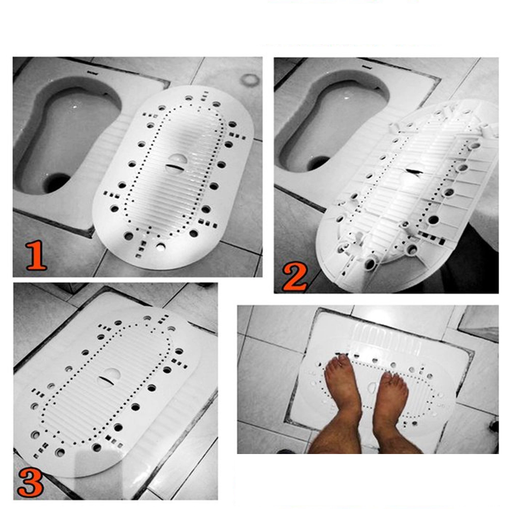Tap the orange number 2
tap(294, 277)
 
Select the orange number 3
tap(30, 483)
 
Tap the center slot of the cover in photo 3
tap(106, 380)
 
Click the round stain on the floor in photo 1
tap(250, 79)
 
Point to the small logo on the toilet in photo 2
tap(366, 68)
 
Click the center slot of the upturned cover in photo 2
tap(413, 171)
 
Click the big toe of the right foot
tap(387, 377)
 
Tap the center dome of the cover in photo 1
tap(178, 161)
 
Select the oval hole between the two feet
tap(372, 387)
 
